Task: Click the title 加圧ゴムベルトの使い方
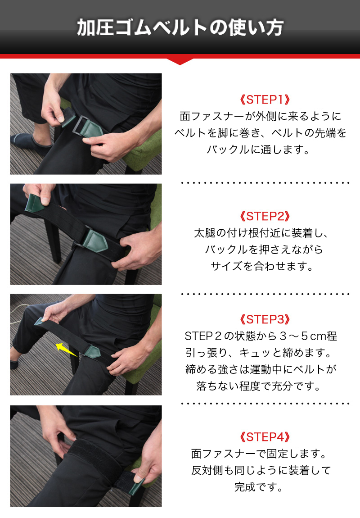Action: click(x=180, y=27)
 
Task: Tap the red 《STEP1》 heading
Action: click(x=265, y=100)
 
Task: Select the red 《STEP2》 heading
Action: click(x=265, y=216)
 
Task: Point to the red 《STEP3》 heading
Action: click(x=265, y=319)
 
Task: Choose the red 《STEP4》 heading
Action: click(x=265, y=437)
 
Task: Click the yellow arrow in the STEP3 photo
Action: click(x=67, y=350)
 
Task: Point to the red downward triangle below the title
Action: click(x=180, y=62)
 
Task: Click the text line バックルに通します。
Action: click(x=258, y=150)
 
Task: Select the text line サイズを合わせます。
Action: click(x=262, y=266)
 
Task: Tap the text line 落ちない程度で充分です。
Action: click(x=259, y=386)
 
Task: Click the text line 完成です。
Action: click(x=259, y=486)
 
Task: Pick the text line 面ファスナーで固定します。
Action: click(x=259, y=454)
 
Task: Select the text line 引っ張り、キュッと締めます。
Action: click(x=259, y=353)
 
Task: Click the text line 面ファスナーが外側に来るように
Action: click(x=261, y=116)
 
